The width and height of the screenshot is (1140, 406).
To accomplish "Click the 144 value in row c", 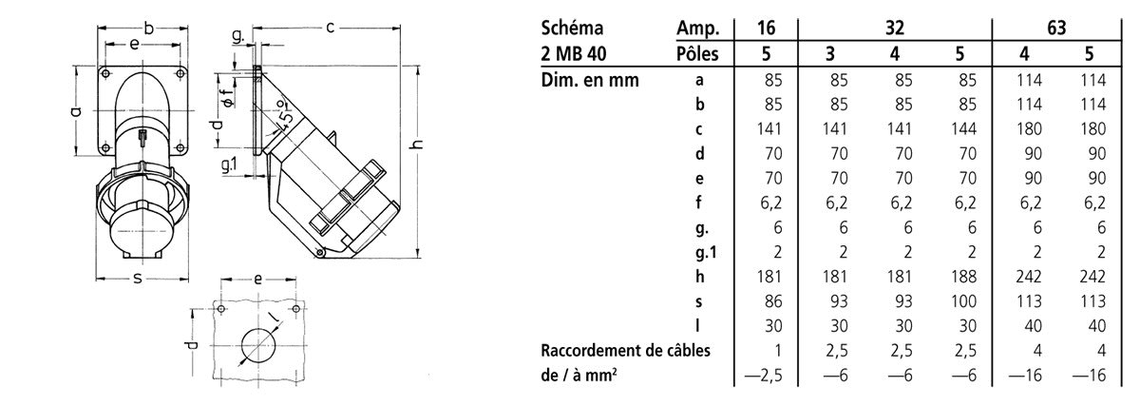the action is pos(963,129).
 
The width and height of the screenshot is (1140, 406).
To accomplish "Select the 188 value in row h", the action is pos(963,277).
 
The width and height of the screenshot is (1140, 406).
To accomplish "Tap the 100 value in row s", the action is pos(963,301).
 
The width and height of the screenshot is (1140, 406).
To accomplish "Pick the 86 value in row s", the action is pos(772,301).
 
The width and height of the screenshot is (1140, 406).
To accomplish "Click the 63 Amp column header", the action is pos(1056,28).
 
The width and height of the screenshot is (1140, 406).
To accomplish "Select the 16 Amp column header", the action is pos(766,28).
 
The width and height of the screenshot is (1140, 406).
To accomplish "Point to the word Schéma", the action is pos(572,28).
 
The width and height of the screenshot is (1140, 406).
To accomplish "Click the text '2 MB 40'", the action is pos(574,53).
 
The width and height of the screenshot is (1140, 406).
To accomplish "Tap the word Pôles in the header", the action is pos(697,53).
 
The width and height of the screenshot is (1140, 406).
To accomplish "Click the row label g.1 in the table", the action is pos(705,252).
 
